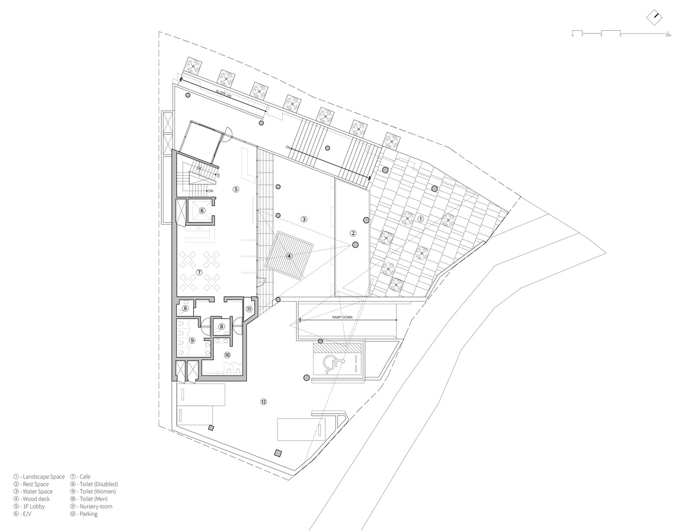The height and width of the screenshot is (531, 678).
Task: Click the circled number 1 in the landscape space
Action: point(421,218)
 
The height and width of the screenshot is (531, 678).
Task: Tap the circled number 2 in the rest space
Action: point(352,233)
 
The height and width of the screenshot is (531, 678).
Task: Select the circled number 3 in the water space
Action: point(303,219)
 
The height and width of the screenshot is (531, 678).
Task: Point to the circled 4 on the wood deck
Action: point(289,255)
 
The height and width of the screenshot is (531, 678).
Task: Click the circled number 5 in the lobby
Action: point(236,189)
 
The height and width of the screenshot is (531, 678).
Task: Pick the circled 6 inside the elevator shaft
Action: point(202,210)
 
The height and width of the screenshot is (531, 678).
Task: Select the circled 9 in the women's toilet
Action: point(192,340)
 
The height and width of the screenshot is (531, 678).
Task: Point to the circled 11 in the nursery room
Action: point(249,309)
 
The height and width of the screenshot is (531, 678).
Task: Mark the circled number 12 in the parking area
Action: point(263,402)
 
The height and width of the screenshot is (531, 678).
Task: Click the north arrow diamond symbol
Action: point(655,16)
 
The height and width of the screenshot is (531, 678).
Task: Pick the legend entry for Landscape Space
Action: point(39,477)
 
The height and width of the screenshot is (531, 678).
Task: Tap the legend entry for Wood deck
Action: point(33,499)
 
